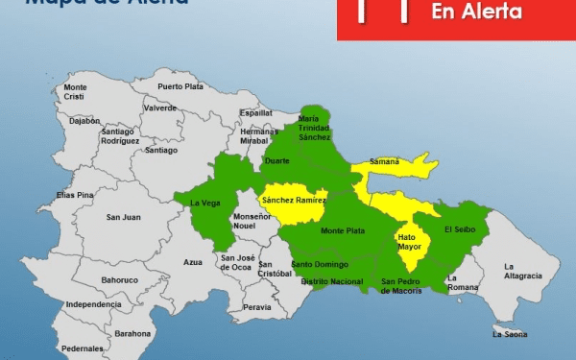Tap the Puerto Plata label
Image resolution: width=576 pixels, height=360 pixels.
coord(180,86)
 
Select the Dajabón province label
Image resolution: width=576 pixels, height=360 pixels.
coord(84,121)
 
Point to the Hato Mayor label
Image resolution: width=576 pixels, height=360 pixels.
coord(410,241)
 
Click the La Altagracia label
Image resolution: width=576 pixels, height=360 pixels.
coord(523,271)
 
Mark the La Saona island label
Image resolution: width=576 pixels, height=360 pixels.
coord(510,334)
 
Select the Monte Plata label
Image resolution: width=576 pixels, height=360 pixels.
coord(342,231)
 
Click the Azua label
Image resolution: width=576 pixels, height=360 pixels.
coord(193,261)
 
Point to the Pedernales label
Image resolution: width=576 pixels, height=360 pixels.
coord(82,348)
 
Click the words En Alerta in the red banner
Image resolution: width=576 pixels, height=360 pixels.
coord(476,12)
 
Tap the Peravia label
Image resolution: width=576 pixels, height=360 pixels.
coord(256,307)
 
